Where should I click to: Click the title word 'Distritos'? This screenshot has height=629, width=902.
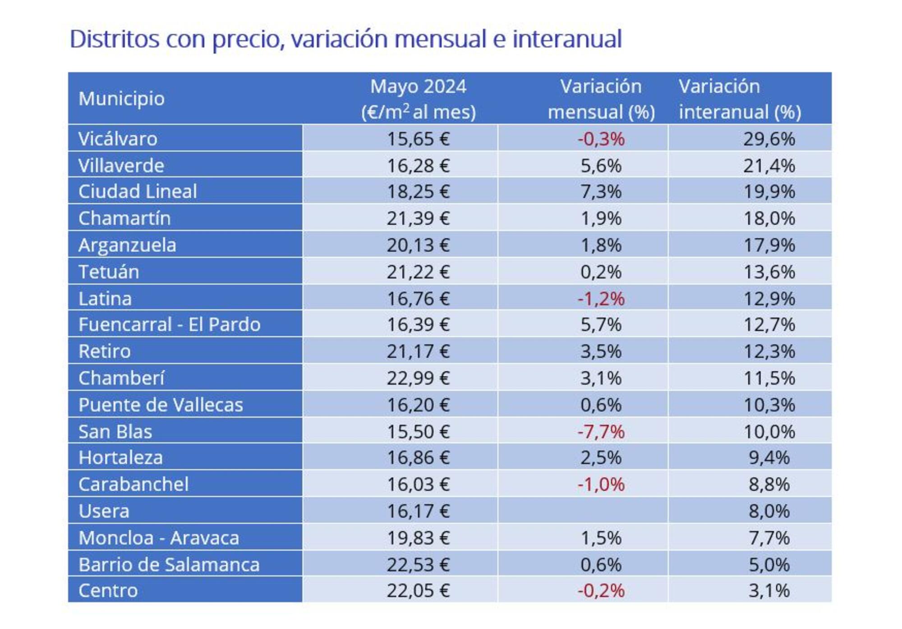tap(115, 39)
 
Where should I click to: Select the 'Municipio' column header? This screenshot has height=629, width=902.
tap(121, 99)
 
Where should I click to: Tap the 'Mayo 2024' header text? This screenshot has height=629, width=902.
tap(418, 87)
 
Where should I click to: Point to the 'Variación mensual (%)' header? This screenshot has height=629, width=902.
tap(601, 99)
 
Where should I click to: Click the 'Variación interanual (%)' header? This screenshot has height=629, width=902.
tap(740, 99)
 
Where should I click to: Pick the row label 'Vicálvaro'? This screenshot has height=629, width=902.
tap(118, 139)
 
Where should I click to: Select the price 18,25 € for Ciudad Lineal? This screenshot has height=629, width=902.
tap(418, 191)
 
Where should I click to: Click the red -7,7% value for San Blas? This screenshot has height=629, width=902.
tap(601, 432)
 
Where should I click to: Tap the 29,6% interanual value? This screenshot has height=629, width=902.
tap(769, 139)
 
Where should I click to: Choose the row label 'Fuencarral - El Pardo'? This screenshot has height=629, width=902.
tap(169, 324)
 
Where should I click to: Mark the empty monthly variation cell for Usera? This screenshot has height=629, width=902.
tap(583, 511)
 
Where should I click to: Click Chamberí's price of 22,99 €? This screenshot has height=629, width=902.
tap(418, 378)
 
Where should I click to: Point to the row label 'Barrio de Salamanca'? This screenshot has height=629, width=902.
tap(169, 565)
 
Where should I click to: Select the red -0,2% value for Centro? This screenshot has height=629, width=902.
tap(601, 591)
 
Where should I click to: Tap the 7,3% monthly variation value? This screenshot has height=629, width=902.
tap(601, 191)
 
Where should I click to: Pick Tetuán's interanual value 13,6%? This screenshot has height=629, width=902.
tap(769, 272)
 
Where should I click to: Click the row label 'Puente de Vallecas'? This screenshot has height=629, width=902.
tap(161, 405)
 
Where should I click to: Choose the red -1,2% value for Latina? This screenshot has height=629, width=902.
tap(601, 299)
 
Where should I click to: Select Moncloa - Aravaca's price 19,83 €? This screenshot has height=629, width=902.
tap(418, 538)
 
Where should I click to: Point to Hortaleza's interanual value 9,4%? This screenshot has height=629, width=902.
tap(769, 458)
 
